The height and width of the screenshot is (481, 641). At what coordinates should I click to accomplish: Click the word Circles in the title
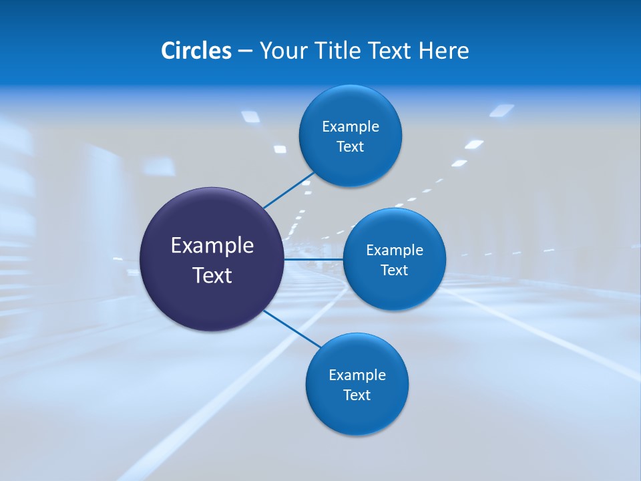pyautogui.click(x=196, y=51)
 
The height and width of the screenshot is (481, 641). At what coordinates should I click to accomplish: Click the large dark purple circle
pyautogui.click(x=212, y=301)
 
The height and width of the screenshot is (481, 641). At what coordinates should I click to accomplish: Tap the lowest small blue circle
pyautogui.click(x=357, y=417)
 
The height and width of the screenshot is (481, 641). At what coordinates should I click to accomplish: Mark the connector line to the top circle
pyautogui.click(x=288, y=190)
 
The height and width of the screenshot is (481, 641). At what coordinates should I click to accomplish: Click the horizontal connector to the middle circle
pyautogui.click(x=314, y=259)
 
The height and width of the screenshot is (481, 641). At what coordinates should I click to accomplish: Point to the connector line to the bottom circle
pyautogui.click(x=292, y=328)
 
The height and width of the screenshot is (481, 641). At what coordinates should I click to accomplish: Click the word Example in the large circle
pyautogui.click(x=212, y=246)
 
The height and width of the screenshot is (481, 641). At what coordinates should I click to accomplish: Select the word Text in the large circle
pyautogui.click(x=212, y=275)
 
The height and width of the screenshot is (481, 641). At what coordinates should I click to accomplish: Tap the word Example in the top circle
pyautogui.click(x=351, y=127)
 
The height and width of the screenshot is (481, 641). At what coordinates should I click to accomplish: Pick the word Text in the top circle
pyautogui.click(x=351, y=147)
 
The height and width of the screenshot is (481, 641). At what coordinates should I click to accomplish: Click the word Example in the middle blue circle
pyautogui.click(x=395, y=251)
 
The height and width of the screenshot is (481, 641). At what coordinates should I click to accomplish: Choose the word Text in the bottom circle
pyautogui.click(x=357, y=395)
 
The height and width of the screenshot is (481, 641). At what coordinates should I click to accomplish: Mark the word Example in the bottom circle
pyautogui.click(x=357, y=375)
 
